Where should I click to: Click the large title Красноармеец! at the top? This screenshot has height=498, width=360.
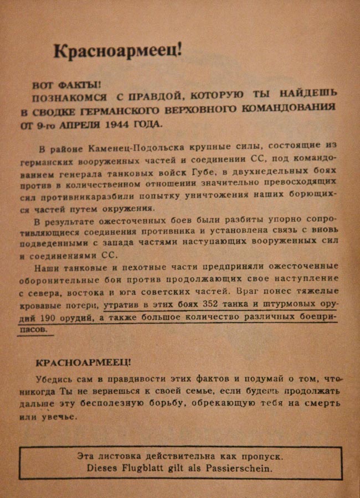click(x=117, y=51)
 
